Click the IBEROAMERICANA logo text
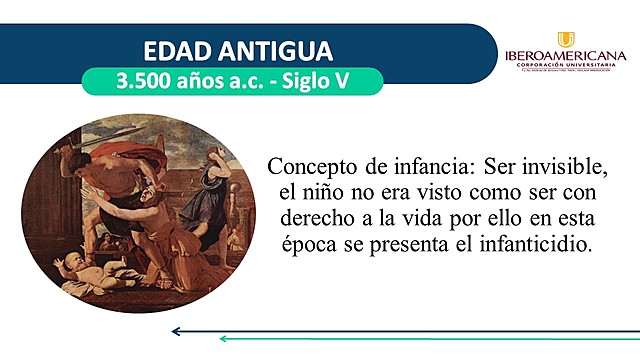click(566, 56)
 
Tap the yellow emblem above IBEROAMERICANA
click(566, 39)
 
